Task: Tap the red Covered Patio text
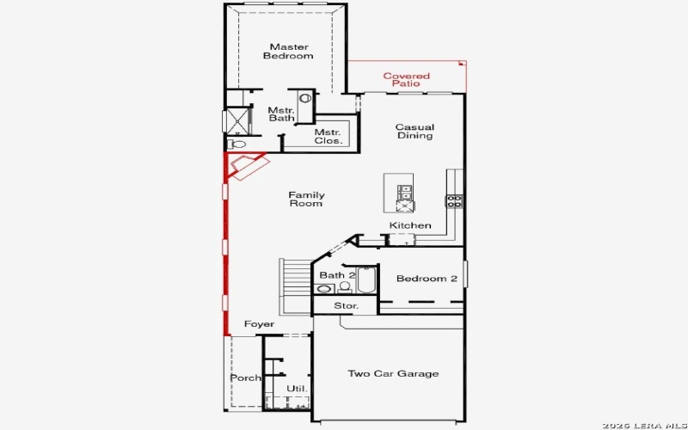coord(406,80)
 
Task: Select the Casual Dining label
coord(414,132)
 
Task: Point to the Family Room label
coord(305,199)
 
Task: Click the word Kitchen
coord(410,225)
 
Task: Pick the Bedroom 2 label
coord(426,279)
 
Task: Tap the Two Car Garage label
coord(393,373)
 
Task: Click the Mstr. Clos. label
coord(328,136)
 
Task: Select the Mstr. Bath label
coord(280,114)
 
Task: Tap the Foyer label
coord(259,324)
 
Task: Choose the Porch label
coord(245,378)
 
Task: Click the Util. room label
coord(297,388)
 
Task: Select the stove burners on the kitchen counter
coord(453,201)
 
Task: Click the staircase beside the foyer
coord(295,287)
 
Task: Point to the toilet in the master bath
coord(236,144)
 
